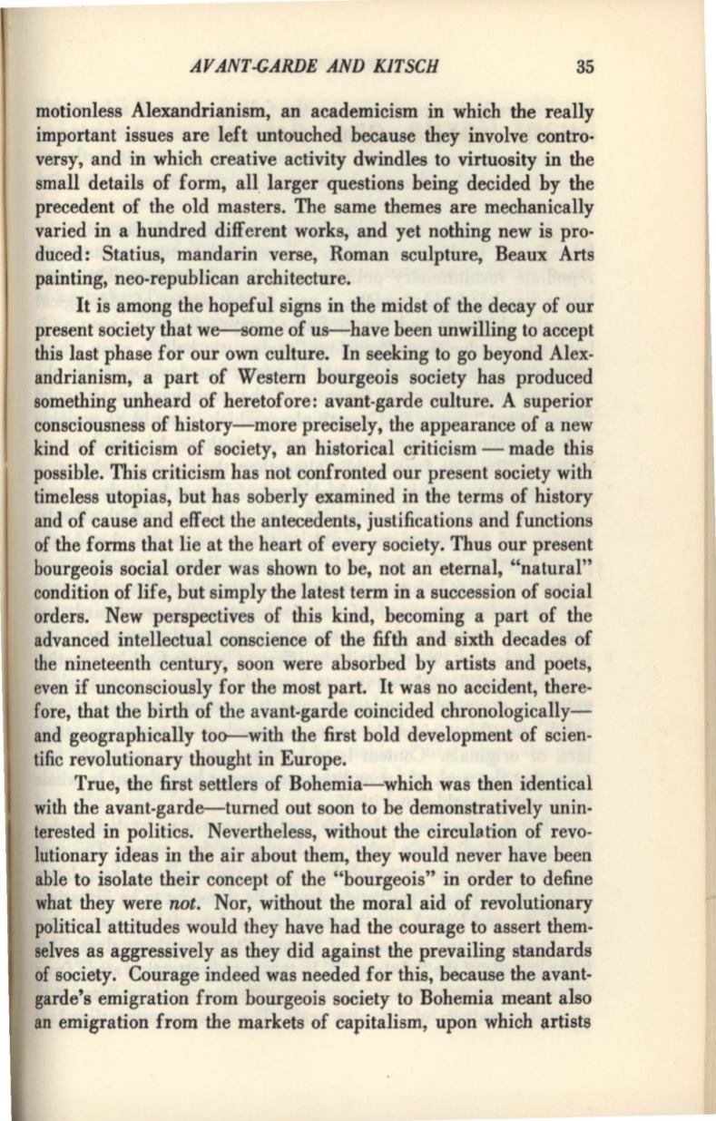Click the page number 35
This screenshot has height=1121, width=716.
(584, 65)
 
